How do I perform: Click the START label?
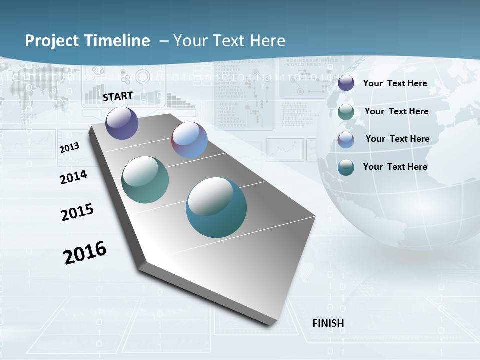[x=118, y=96]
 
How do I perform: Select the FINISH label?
[x=328, y=323]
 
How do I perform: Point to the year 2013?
[x=69, y=148]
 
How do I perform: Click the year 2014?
[x=74, y=177]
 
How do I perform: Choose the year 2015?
[x=77, y=212]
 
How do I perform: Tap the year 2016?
[x=85, y=253]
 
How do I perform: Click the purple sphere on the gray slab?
[x=122, y=123]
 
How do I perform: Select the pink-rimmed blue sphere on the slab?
[x=189, y=140]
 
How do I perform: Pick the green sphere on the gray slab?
[x=145, y=180]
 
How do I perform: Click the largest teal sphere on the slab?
[x=216, y=207]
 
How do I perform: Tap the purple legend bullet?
[x=346, y=83]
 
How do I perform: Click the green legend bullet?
[x=346, y=112]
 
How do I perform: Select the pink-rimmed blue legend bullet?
[x=346, y=140]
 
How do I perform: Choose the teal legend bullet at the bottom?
[x=346, y=167]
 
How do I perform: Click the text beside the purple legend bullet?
[x=395, y=83]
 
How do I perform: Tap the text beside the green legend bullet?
[x=396, y=111]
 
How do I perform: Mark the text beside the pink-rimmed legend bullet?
[x=397, y=139]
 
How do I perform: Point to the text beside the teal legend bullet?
[x=395, y=167]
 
